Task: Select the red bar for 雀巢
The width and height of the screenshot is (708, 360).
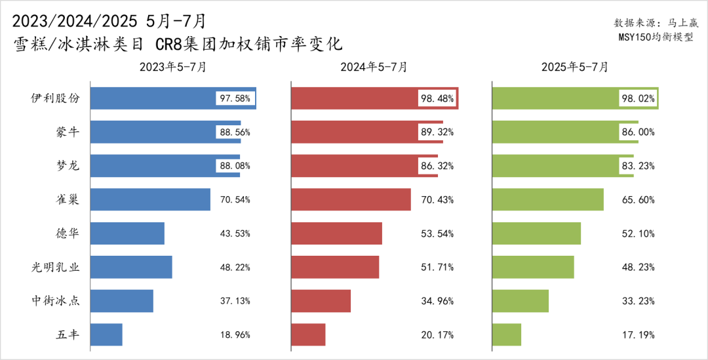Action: tap(350, 199)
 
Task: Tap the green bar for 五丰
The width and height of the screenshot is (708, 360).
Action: tap(506, 334)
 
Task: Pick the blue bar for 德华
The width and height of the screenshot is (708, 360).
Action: tap(127, 233)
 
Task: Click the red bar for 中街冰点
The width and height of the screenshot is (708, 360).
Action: tap(321, 301)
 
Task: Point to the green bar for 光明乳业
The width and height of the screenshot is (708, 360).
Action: tap(533, 267)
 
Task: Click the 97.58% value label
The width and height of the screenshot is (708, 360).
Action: tap(235, 98)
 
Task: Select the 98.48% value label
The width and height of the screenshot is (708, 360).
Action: tap(437, 98)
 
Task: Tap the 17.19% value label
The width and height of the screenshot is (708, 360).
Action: tap(638, 334)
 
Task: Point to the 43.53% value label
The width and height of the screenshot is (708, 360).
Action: tap(235, 233)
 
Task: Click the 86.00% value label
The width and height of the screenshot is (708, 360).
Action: tap(638, 132)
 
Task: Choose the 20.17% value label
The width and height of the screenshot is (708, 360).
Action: tap(437, 334)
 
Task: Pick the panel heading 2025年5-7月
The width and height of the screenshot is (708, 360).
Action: tap(575, 67)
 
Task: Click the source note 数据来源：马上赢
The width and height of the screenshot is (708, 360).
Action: tap(656, 22)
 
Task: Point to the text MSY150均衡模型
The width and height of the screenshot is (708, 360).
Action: tap(656, 37)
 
